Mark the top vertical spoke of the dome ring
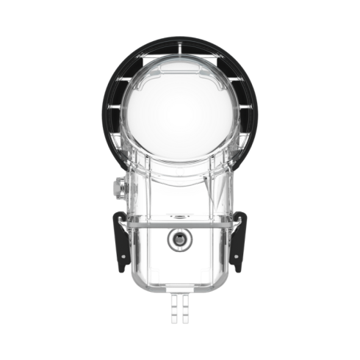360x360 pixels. tap(180, 48)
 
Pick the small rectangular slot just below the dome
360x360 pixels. tap(180, 171)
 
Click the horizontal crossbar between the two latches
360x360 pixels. tap(180, 218)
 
